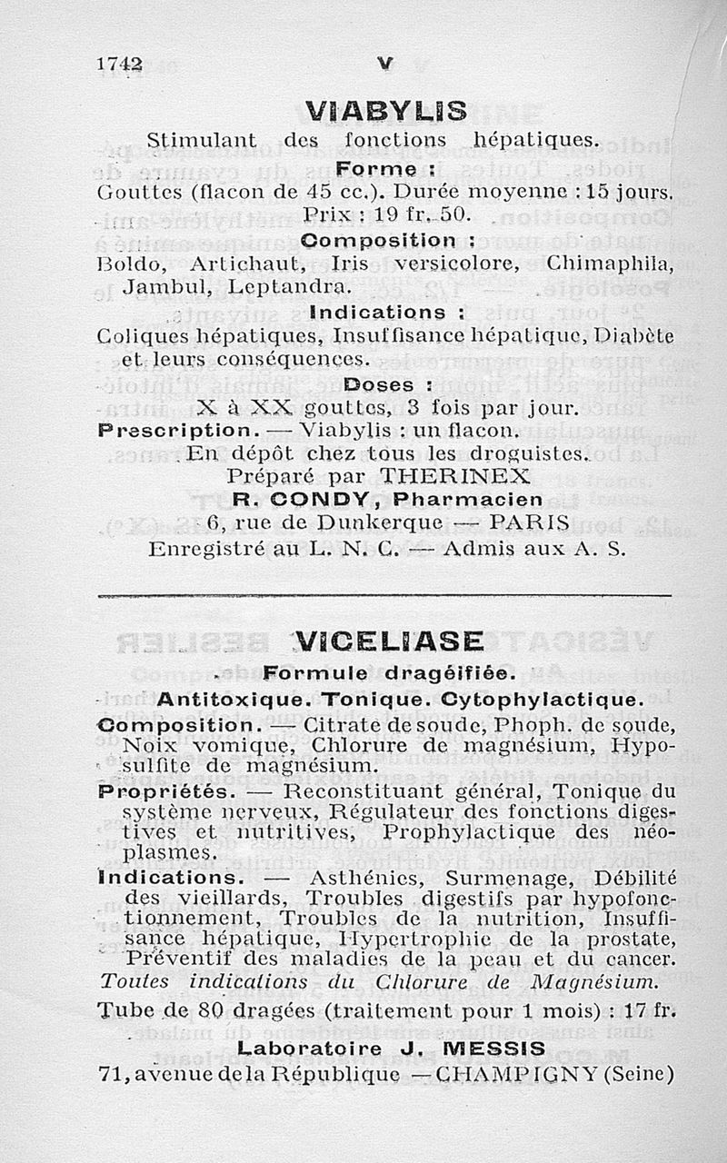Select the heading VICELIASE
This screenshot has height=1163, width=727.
(x=389, y=641)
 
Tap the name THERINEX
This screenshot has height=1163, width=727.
(x=454, y=476)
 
